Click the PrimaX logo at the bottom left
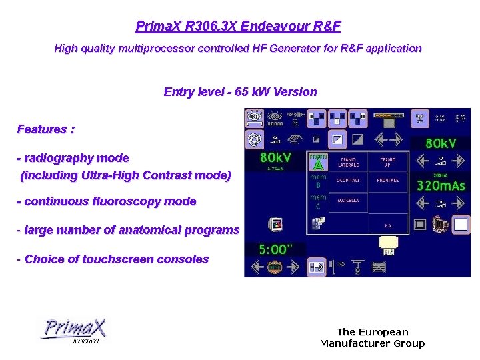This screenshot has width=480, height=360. click(x=73, y=330)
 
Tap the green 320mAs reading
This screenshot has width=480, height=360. click(x=441, y=186)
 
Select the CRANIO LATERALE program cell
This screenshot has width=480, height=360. click(x=349, y=162)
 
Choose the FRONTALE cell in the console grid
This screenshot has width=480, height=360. click(x=387, y=181)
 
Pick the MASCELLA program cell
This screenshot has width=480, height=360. click(x=349, y=201)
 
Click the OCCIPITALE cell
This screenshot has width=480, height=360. click(x=349, y=181)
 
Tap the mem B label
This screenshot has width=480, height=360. click(x=318, y=181)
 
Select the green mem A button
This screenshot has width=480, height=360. click(x=318, y=161)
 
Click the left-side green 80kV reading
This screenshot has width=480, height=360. click(x=275, y=158)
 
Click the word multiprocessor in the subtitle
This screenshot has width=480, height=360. click(x=155, y=48)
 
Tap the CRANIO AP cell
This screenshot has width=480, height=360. click(x=387, y=162)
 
